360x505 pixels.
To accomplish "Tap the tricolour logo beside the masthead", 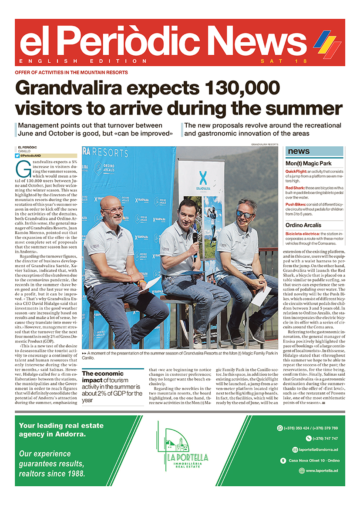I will click(327, 43).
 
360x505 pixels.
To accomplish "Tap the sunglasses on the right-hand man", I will click(244, 214).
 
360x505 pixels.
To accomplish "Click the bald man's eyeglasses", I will click(114, 210).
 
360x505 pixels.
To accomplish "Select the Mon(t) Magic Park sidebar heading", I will click(308, 164).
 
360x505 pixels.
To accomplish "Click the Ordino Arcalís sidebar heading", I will click(303, 225).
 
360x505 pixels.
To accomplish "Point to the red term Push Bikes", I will click(296, 204).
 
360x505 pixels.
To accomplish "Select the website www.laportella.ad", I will click(322, 471).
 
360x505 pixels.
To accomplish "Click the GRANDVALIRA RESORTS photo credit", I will click(264, 144).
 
